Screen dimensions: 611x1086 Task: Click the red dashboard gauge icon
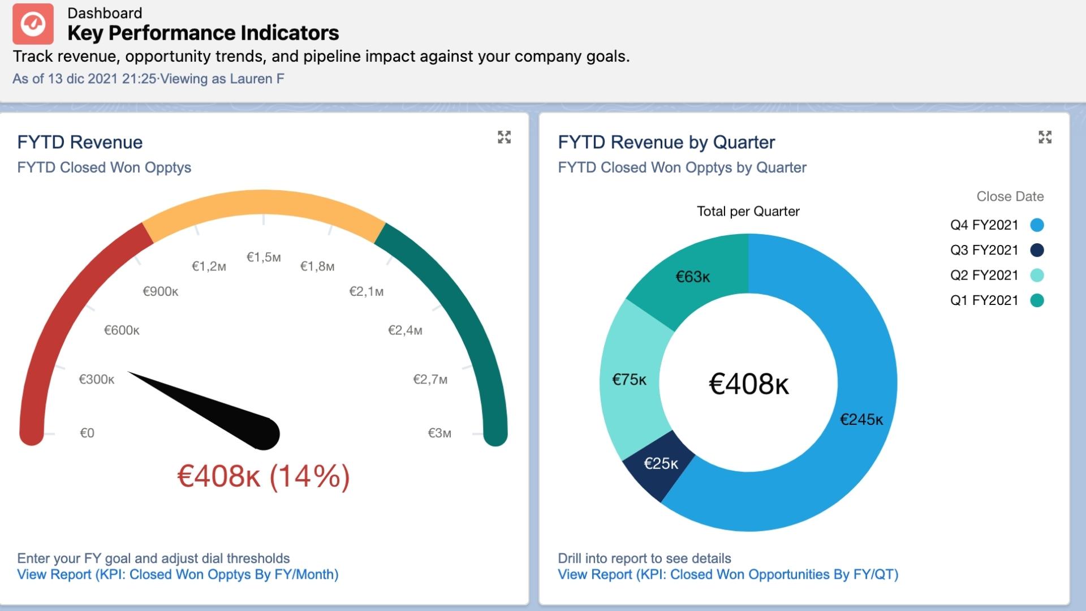33,24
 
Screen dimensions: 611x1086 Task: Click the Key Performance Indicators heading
203,33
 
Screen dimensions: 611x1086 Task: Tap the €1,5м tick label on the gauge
264,257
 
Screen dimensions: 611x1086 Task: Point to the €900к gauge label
160,291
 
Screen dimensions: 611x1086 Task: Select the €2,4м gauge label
405,330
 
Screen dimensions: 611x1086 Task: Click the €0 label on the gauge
87,433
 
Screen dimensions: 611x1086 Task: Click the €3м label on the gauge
439,433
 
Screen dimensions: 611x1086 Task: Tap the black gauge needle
215,412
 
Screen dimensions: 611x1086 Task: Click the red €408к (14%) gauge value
264,476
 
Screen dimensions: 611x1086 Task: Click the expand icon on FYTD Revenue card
504,137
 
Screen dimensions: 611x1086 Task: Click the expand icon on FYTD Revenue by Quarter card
1045,137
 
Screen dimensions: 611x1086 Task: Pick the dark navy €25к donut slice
660,464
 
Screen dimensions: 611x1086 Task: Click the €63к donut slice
692,277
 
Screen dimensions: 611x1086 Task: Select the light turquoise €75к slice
629,380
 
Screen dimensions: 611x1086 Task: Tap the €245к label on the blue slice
861,420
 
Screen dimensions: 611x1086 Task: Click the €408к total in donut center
748,384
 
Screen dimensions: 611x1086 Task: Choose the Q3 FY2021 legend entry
984,250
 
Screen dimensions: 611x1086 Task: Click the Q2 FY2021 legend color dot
1037,276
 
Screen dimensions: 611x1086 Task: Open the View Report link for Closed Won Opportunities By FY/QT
728,575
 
